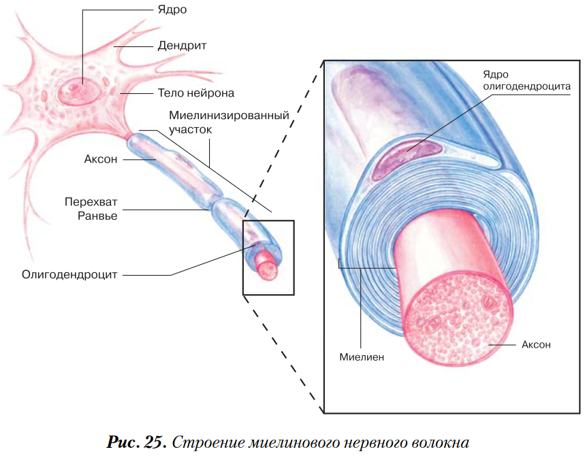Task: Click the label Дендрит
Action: pyautogui.click(x=182, y=46)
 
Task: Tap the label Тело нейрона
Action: pyautogui.click(x=196, y=93)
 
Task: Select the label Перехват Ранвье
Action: pyautogui.click(x=91, y=209)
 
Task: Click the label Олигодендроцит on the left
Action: pyautogui.click(x=69, y=274)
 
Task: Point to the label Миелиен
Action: pyautogui.click(x=362, y=357)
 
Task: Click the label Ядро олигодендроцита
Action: pyautogui.click(x=527, y=80)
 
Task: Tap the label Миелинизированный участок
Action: pyautogui.click(x=229, y=122)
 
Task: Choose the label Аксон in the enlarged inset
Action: pyautogui.click(x=536, y=344)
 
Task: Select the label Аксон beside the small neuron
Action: pyautogui.click(x=101, y=159)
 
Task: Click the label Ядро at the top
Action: pyautogui.click(x=172, y=10)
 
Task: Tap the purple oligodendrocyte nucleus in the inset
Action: pyautogui.click(x=407, y=157)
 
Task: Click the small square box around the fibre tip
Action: pyautogui.click(x=243, y=257)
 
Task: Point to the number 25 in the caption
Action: pyautogui.click(x=154, y=442)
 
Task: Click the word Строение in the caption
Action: pyautogui.click(x=207, y=443)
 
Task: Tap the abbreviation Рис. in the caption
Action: pyautogui.click(x=123, y=442)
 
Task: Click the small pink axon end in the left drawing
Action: pyautogui.click(x=268, y=270)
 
